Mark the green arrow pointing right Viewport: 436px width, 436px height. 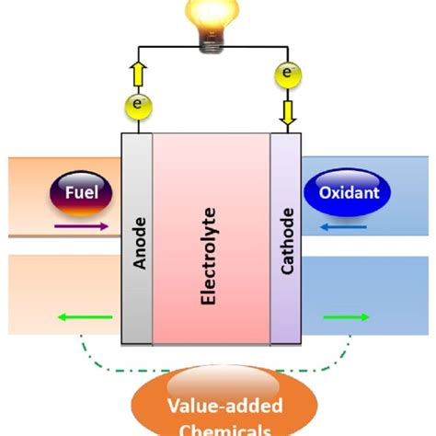pyautogui.click(x=348, y=317)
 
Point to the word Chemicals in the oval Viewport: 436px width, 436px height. pyautogui.click(x=218, y=429)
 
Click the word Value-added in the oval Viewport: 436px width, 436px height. pyautogui.click(x=218, y=405)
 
